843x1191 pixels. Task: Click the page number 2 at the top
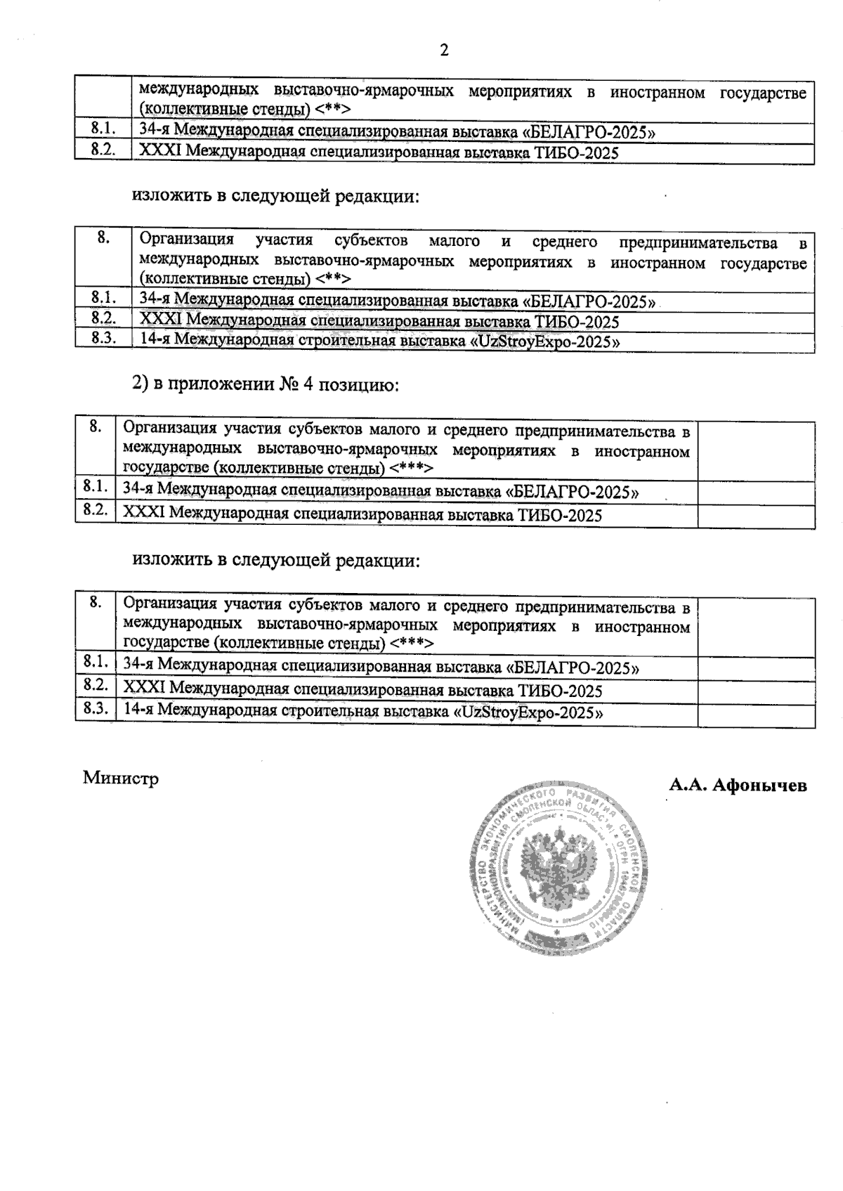[443, 50]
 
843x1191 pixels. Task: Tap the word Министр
[121, 779]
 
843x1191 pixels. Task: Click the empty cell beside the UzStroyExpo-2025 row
[756, 715]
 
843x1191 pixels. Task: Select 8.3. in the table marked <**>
[103, 338]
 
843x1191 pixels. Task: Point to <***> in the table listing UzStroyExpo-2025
[412, 643]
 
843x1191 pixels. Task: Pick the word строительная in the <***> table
[326, 711]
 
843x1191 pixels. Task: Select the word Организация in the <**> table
[186, 241]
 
